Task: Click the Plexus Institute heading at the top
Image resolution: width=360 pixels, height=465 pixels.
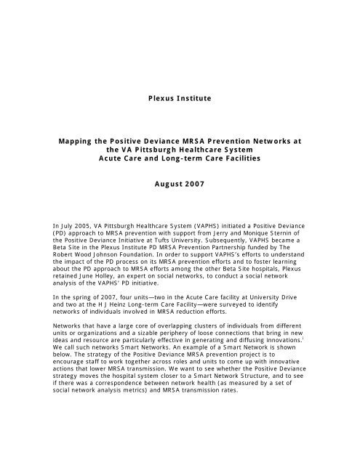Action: click(180, 94)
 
